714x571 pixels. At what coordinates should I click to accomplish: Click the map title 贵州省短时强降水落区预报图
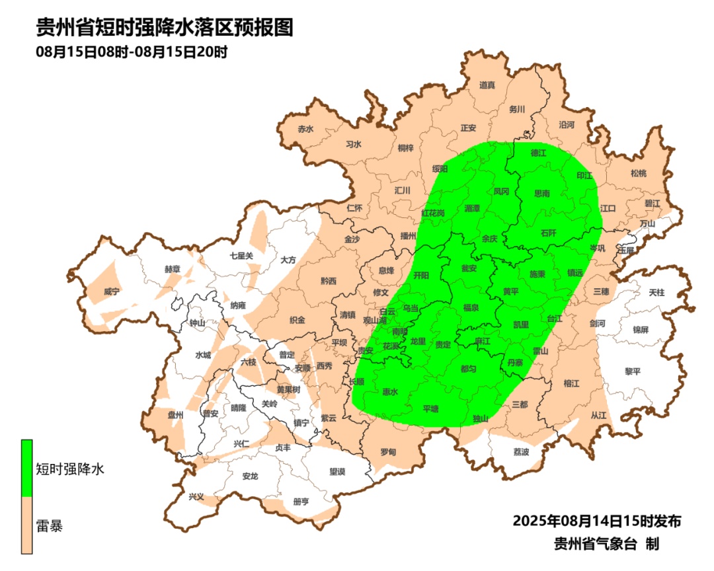164,28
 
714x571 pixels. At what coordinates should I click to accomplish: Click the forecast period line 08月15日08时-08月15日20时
132,52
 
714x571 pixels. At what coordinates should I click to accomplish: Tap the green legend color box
26,468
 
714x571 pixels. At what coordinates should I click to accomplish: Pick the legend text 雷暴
50,527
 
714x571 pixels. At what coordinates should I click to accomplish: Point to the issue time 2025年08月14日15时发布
597,521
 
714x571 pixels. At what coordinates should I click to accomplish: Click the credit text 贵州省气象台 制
606,544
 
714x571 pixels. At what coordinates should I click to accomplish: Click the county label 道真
487,85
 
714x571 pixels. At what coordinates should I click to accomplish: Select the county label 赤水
305,129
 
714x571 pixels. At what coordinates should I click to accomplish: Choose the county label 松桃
638,173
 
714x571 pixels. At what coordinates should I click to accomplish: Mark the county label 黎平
633,371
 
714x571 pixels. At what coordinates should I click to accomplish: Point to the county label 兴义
196,497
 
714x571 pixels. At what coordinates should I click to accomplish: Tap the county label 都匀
468,368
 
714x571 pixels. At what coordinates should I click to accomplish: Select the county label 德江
540,153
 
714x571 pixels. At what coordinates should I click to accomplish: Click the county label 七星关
241,255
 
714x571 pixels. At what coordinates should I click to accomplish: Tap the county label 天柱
656,291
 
